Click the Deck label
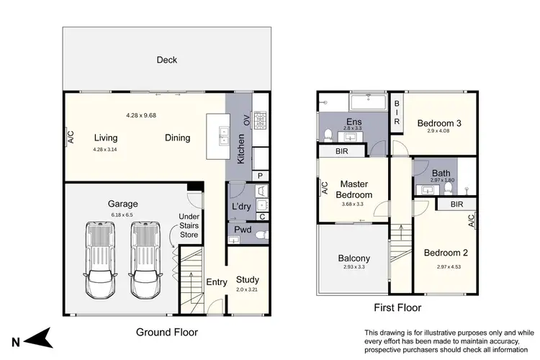[166, 60]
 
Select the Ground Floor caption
[166, 332]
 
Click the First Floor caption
[397, 307]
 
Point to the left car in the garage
[99, 260]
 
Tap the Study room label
[247, 280]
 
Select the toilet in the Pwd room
[262, 234]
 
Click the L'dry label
[240, 206]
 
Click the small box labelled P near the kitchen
[259, 175]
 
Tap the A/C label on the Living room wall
[71, 135]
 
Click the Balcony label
[354, 258]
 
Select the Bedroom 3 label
[439, 123]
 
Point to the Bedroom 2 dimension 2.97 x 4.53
[446, 267]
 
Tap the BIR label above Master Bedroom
[343, 152]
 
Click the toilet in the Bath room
[448, 189]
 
